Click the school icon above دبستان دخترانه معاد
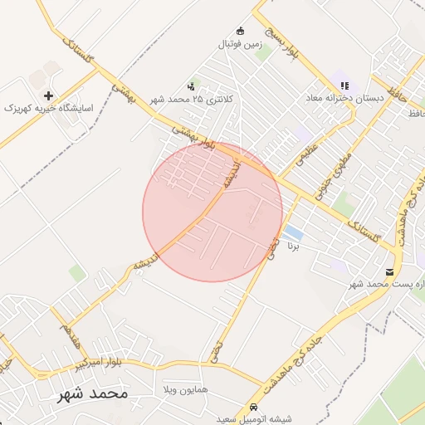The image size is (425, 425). point(344,85)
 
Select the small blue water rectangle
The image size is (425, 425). point(292,231)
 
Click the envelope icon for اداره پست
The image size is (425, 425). point(390,272)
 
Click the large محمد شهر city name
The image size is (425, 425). point(92,393)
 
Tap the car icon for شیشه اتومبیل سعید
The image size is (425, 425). point(252,408)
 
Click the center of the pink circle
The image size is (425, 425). point(212,212)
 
